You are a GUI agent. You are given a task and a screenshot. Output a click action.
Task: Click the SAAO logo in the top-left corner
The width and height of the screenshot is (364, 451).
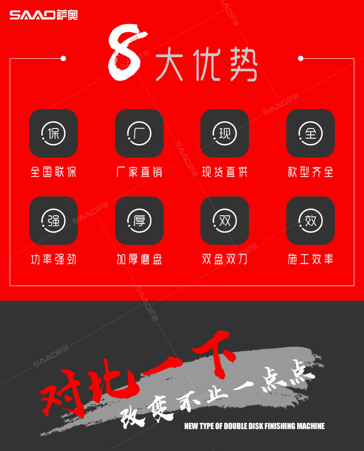coord(44,15)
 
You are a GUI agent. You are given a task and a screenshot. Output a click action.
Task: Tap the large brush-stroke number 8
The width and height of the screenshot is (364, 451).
coord(127,52)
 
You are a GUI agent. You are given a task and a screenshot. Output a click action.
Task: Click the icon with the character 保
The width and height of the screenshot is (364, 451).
coord(53,133)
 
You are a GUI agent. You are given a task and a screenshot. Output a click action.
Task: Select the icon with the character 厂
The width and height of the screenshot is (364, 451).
coord(139,133)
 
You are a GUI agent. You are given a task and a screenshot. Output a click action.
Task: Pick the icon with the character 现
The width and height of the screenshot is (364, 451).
coord(224,133)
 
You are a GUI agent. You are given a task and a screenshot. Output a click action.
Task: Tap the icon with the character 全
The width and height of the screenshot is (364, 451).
coord(311,133)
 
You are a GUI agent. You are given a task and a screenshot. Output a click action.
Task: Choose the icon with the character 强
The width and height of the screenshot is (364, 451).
coord(53,221)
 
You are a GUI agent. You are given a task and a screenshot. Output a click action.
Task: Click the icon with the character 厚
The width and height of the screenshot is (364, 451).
coord(139,221)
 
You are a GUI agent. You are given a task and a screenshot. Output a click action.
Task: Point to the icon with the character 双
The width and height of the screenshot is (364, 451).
coord(224,221)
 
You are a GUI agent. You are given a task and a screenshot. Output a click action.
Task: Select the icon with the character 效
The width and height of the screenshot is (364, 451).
coord(311,221)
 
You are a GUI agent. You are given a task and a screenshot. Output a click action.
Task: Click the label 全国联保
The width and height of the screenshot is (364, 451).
coord(53,172)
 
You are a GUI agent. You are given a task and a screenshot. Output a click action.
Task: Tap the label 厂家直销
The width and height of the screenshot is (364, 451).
coord(139,172)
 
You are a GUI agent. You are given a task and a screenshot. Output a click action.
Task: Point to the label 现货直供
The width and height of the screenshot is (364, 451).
coord(225,172)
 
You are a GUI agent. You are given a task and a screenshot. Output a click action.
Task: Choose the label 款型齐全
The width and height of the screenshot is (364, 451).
coord(311,172)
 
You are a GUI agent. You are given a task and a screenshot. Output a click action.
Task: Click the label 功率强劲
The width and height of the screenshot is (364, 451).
coord(53,259)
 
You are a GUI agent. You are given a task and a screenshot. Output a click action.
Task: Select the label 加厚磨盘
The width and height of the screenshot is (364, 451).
coord(139,259)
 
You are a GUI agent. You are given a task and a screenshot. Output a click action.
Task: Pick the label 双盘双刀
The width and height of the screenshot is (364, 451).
coord(225,259)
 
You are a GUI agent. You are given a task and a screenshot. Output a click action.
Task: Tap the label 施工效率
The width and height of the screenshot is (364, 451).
coord(311,259)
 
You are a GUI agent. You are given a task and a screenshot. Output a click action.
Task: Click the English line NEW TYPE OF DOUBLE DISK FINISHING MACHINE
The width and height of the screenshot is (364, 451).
coord(254,426)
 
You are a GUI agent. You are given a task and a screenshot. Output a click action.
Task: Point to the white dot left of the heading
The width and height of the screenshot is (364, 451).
coord(63,58)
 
